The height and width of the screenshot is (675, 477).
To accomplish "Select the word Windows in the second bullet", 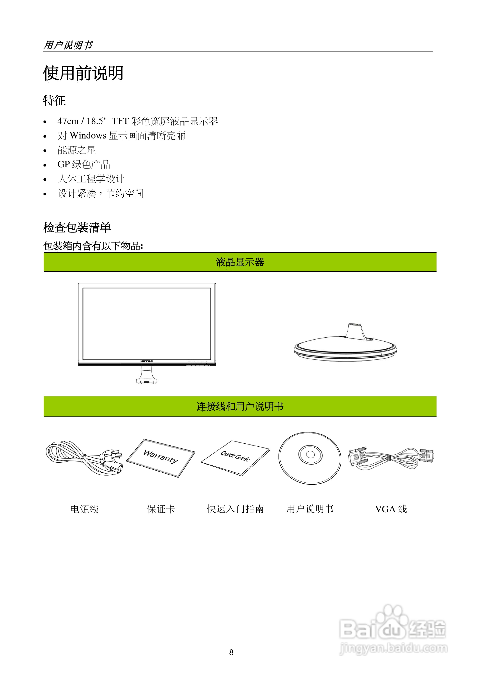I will tap(88, 135).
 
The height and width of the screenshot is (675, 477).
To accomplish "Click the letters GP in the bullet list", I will tap(64, 164).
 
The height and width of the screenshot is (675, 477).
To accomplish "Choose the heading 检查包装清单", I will tap(77, 227).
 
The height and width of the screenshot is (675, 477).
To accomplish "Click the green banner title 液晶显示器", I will tap(240, 262).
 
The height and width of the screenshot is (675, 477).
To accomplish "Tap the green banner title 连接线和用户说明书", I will tap(240, 407).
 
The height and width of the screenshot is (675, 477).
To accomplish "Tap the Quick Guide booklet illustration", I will tap(235, 457).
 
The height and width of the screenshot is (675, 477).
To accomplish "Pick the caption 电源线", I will tap(84, 509).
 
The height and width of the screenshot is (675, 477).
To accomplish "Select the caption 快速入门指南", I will tap(235, 509).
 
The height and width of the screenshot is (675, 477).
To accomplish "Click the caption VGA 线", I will tap(391, 509).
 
